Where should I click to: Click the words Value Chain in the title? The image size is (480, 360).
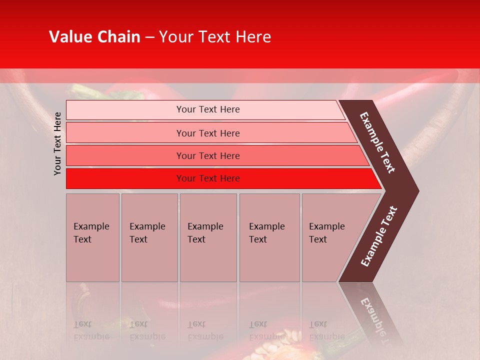(x=94, y=37)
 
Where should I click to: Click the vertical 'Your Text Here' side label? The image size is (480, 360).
(x=57, y=143)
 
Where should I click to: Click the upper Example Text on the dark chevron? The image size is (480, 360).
(x=377, y=142)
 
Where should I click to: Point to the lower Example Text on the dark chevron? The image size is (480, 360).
(x=378, y=236)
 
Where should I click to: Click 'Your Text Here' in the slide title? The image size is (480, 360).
(x=215, y=37)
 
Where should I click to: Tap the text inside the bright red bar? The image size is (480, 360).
(x=208, y=178)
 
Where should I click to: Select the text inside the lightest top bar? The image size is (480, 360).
(x=208, y=109)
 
